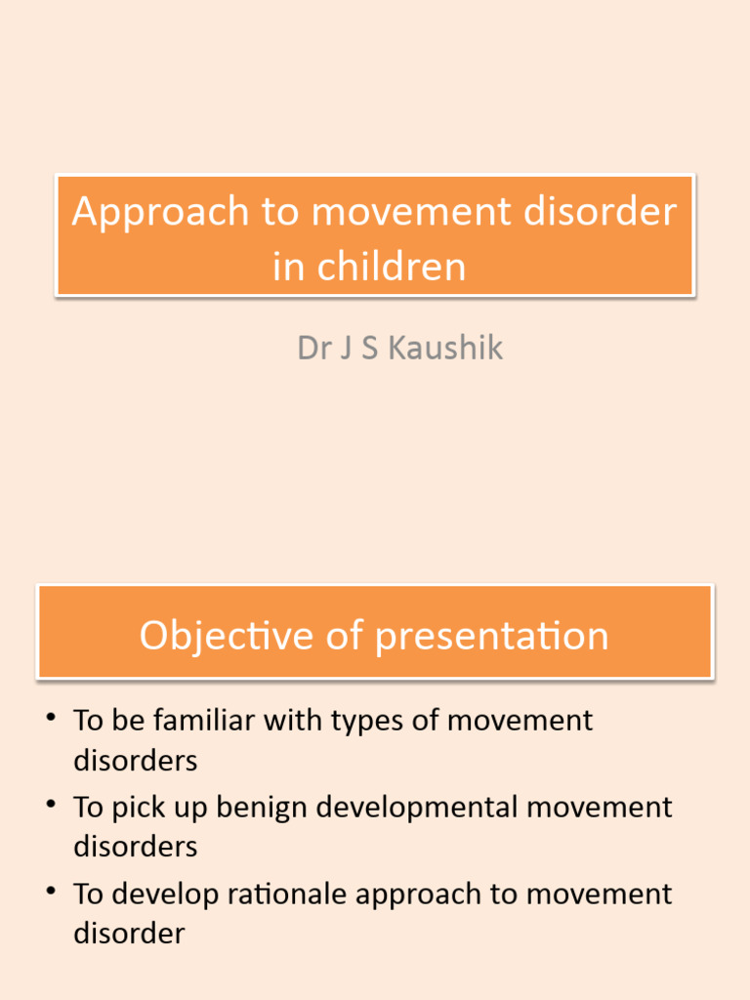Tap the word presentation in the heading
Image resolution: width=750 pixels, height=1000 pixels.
[x=492, y=636]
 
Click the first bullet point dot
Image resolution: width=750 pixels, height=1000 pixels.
[x=50, y=719]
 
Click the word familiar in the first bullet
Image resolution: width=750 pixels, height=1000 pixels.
[x=202, y=721]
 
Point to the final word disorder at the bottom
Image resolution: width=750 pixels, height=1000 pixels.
[x=129, y=934]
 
